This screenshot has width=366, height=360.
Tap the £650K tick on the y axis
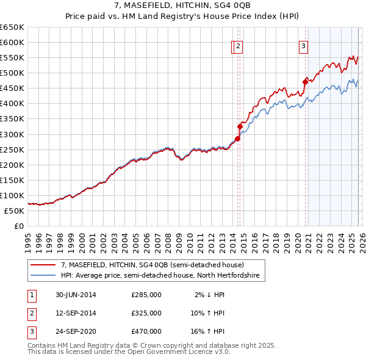[x=12, y=27]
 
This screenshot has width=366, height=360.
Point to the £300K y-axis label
[x=12, y=134]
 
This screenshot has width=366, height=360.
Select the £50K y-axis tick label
[x=15, y=211]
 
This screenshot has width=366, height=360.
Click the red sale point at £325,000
[x=240, y=126]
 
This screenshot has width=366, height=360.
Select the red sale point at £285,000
[x=237, y=139]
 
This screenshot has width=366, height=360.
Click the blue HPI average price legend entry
[x=160, y=276]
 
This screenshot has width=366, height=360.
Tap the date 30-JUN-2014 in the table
[x=76, y=295]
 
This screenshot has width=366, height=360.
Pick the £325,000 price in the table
[x=146, y=313]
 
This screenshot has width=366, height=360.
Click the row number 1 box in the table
[x=30, y=295]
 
